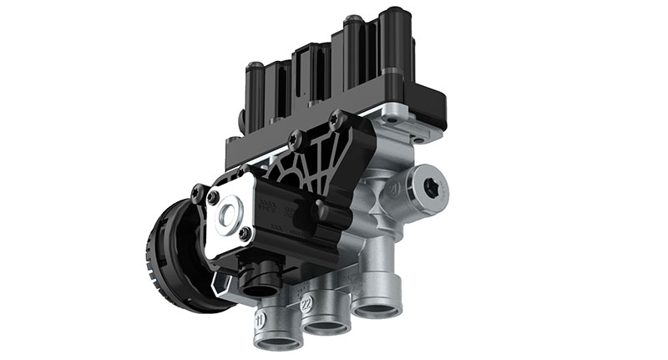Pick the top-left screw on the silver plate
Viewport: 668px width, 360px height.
(214, 197)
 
